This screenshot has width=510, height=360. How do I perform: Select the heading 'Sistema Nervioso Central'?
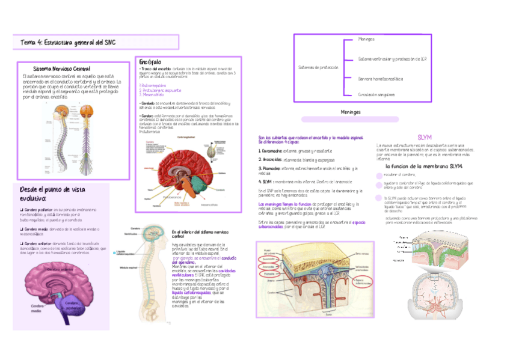point(62,69)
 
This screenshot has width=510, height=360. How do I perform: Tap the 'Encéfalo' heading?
point(150,63)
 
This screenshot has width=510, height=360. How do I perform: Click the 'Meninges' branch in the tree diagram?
point(366,38)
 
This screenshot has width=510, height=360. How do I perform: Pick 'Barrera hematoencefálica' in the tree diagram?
point(380,78)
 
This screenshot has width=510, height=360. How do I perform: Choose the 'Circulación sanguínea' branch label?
point(376,94)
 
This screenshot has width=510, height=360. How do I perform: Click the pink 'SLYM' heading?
point(425,137)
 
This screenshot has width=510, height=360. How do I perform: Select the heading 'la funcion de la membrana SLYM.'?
point(424,165)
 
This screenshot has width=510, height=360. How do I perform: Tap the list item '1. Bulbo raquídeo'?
point(154,86)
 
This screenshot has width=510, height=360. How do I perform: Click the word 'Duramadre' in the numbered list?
point(269,150)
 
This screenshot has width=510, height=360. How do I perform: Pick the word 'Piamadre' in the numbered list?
point(268,169)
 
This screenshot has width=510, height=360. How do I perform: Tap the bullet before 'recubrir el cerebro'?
point(378,175)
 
